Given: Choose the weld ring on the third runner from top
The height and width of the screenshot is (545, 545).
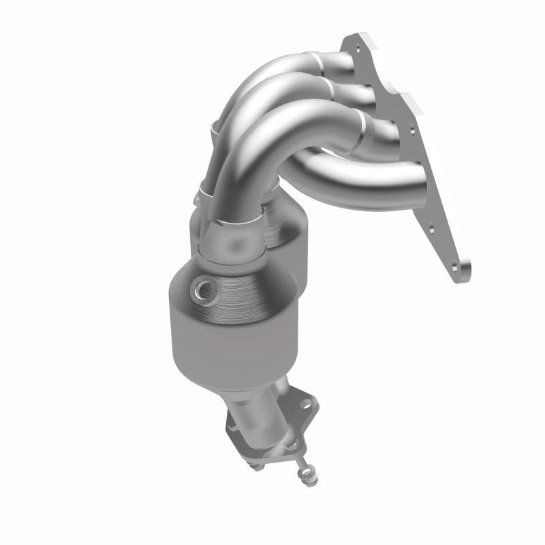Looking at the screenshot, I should click(364, 129).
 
